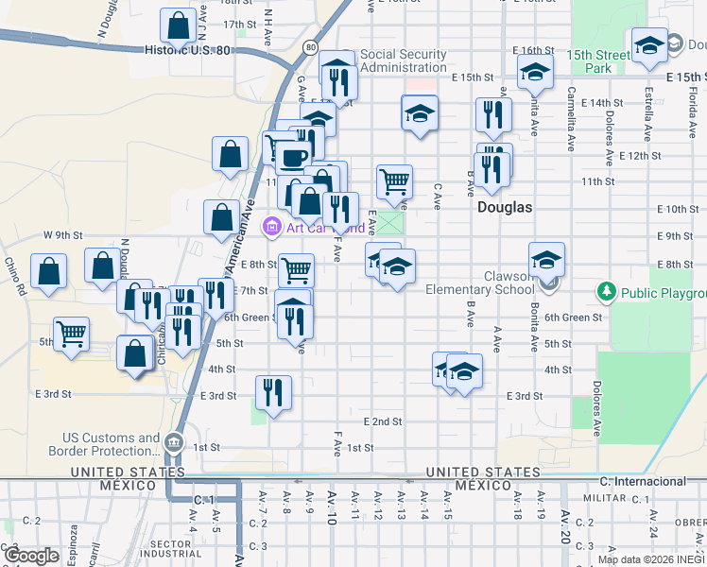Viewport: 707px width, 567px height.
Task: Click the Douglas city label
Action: coord(505,207)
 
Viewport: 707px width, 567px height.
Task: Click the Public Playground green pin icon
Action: coord(607,292)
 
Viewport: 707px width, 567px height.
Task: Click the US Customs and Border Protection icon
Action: coord(174,442)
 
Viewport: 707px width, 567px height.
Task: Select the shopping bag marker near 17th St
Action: coord(178,27)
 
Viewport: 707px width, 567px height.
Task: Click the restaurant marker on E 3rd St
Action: coord(273,392)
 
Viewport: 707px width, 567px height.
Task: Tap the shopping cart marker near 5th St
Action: coord(72,335)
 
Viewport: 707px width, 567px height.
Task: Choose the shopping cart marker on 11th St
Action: coord(394,180)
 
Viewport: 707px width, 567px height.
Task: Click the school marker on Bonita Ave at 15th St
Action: coord(535,72)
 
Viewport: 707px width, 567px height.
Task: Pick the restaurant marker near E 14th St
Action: coord(492,114)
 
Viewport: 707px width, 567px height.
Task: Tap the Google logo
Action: coord(31,556)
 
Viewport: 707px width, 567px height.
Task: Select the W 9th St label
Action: coord(62,234)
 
